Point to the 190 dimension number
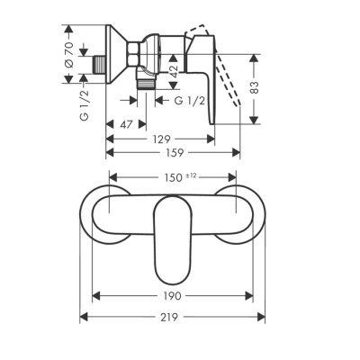coord(172,296)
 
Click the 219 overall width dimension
coord(172,317)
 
